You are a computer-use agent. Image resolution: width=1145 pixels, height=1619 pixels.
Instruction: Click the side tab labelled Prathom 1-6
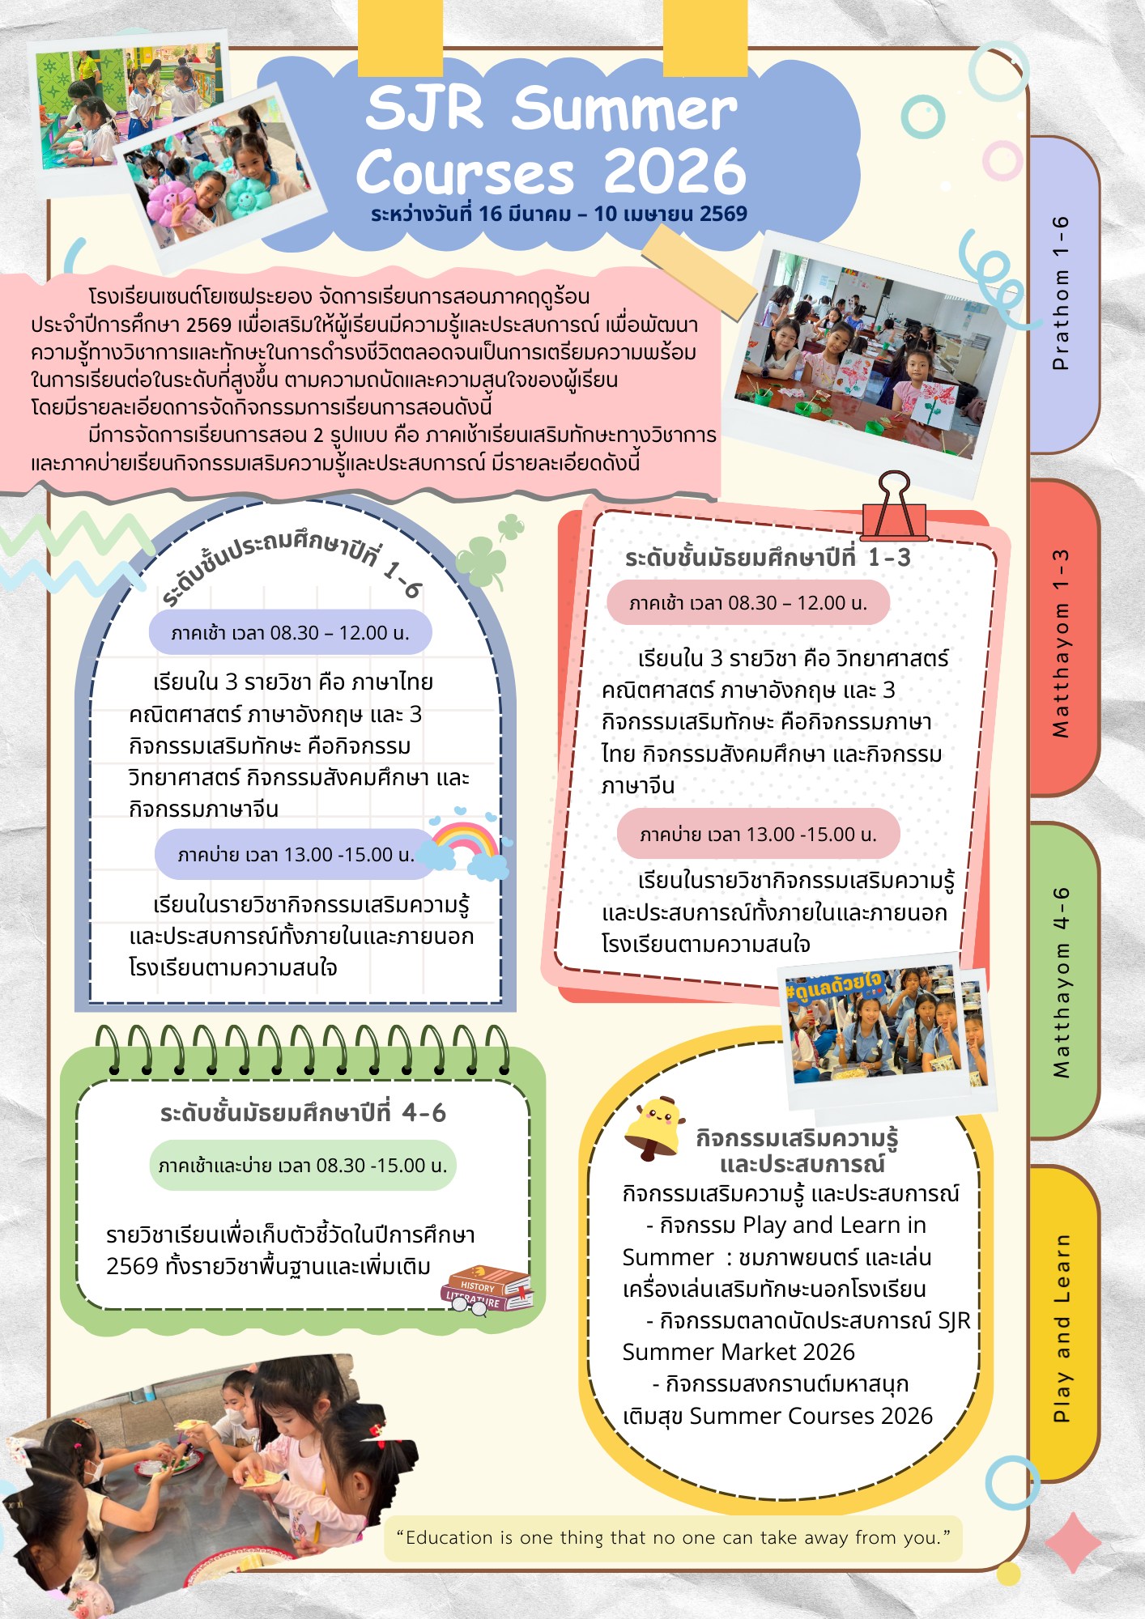1064,294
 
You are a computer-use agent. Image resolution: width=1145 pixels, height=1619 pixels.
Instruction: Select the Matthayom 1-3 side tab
1064,638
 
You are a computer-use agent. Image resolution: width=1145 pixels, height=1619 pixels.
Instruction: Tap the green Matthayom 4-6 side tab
1064,981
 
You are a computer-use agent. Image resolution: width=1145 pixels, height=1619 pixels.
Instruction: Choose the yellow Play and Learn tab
1064,1324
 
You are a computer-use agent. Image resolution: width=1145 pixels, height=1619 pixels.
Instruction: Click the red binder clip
894,508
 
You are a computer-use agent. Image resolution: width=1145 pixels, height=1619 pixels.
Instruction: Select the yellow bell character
655,1128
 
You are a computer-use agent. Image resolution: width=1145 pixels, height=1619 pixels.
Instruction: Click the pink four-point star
1074,1542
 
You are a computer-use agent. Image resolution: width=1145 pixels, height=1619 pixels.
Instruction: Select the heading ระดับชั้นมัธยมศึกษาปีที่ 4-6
303,1113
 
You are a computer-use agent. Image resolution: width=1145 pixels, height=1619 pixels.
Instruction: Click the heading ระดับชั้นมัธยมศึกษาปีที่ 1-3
768,558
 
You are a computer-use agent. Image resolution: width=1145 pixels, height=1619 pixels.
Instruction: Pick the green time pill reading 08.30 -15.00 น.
303,1166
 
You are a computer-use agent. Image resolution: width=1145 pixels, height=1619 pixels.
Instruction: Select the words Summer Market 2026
739,1352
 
